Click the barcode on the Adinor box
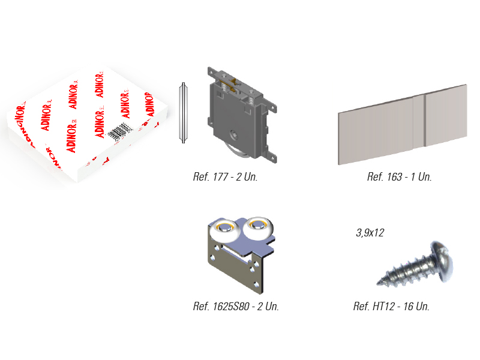point(121,132)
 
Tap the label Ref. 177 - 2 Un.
point(226,177)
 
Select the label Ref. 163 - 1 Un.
point(399,177)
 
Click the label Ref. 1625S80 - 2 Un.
point(236,307)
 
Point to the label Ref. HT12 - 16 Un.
point(391,307)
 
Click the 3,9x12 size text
point(370,233)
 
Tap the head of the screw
point(442,261)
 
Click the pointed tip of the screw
point(378,283)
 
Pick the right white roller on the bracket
point(259,227)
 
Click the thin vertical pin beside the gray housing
point(183,113)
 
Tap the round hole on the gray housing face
point(235,134)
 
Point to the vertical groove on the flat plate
point(425,121)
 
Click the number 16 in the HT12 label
point(409,307)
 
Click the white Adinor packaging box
point(87,124)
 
